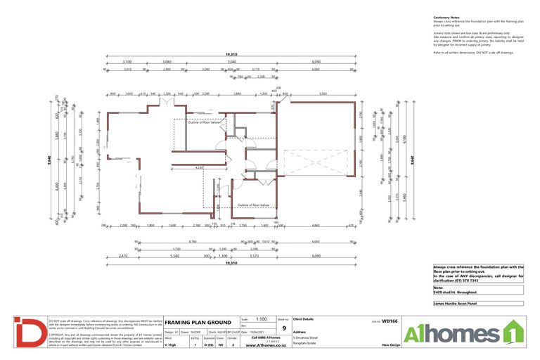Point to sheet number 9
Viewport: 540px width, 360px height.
point(283,328)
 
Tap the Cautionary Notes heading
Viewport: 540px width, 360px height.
point(446,17)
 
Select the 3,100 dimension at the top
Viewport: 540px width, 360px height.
point(127,61)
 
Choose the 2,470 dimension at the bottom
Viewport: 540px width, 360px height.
point(123,257)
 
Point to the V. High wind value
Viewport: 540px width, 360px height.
point(171,345)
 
